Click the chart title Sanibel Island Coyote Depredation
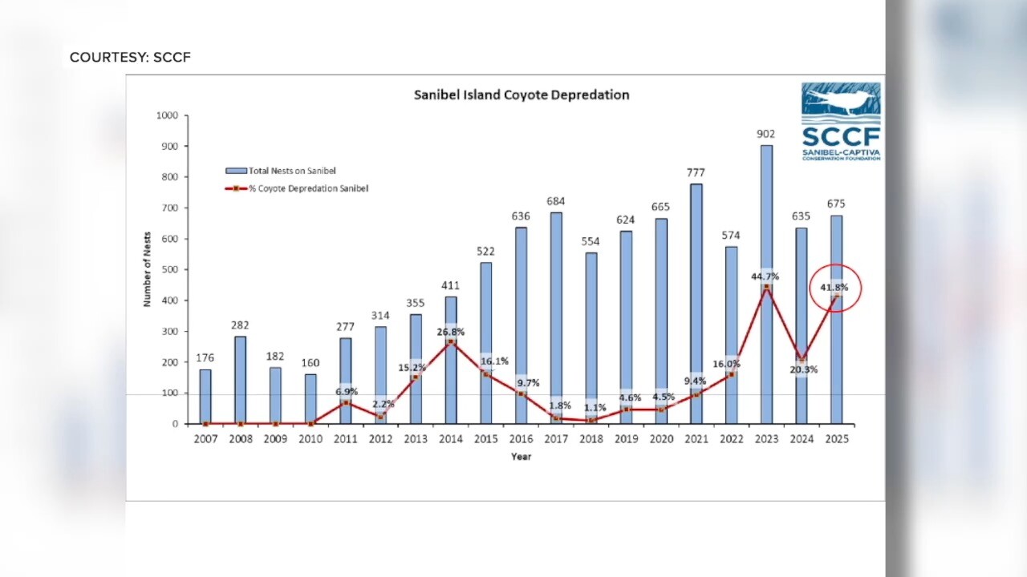[x=521, y=95]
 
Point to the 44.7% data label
[x=765, y=276]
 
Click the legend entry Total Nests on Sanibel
[x=281, y=171]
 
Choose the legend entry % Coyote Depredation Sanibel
[x=298, y=188]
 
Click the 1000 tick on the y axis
[x=166, y=115]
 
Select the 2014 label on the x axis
[x=450, y=439]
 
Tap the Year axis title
[x=521, y=457]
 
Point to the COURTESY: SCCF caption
[x=130, y=58]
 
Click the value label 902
[x=765, y=134]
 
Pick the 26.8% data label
[x=450, y=332]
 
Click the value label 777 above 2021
[x=696, y=172]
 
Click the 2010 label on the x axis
[x=310, y=439]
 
